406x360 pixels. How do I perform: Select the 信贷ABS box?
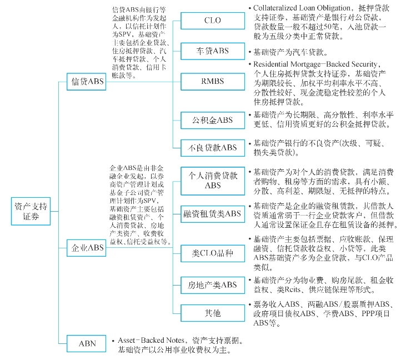pos(87,82)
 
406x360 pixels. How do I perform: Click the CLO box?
pos(212,21)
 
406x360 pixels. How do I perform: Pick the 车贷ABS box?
pos(212,51)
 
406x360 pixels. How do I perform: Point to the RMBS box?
pos(212,82)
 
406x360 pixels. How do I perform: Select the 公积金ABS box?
pos(212,120)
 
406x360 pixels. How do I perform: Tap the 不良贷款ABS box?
pos(212,148)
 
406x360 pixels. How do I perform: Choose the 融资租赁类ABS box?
pos(212,213)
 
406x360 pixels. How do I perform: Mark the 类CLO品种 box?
pos(212,254)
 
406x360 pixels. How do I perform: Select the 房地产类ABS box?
pos(212,286)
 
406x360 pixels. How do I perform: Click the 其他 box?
pos(212,313)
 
